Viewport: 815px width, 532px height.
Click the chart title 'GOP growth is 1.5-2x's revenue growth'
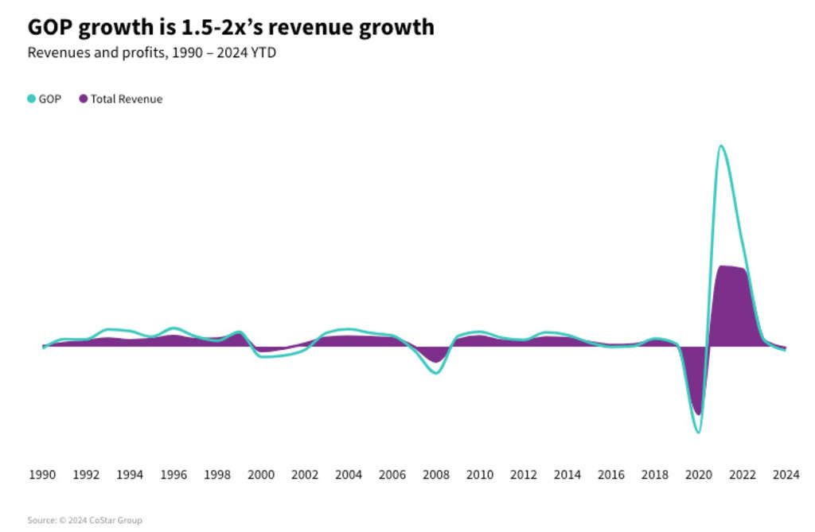pos(231,27)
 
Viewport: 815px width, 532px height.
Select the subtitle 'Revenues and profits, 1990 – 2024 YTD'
pos(151,53)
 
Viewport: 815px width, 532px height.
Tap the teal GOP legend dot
pos(32,99)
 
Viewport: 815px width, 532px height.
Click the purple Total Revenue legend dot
pos(84,99)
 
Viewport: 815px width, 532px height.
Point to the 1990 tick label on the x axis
pos(43,475)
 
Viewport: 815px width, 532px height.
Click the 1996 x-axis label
pos(174,475)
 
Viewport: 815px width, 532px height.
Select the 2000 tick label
pos(261,475)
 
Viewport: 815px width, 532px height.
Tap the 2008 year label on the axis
pos(435,475)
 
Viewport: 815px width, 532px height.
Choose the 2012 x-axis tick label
pos(523,475)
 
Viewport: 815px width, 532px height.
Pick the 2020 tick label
pos(698,475)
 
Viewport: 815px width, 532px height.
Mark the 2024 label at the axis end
pos(786,475)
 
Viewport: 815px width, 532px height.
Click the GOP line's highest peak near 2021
pos(720,146)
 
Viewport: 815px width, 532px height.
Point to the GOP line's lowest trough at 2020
pos(698,432)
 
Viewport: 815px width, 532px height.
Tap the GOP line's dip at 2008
pos(435,373)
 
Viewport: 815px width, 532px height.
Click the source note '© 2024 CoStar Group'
pos(85,520)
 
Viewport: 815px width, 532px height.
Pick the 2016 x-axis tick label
pos(610,475)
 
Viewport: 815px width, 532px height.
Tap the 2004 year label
pos(349,475)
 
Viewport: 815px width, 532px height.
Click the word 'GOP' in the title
pos(50,27)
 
